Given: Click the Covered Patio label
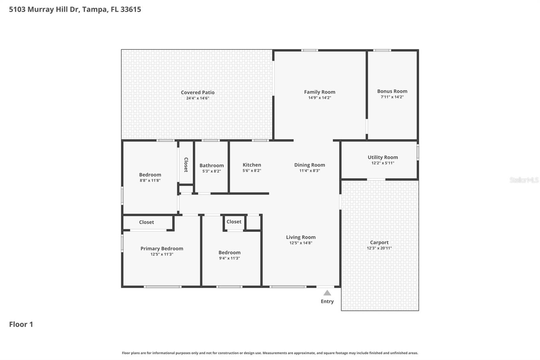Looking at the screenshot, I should pyautogui.click(x=197, y=92).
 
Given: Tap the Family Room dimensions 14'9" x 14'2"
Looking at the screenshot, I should pyautogui.click(x=319, y=98).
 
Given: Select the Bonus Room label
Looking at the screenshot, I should pyautogui.click(x=392, y=91).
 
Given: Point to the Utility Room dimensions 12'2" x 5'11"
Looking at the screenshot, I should pyautogui.click(x=382, y=163).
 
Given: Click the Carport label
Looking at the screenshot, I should pyautogui.click(x=379, y=242).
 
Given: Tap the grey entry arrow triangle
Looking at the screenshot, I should pyautogui.click(x=327, y=293).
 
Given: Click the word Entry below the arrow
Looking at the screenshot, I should pyautogui.click(x=327, y=301).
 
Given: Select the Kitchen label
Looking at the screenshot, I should pyautogui.click(x=251, y=165).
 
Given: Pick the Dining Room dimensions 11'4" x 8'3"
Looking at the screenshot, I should pyautogui.click(x=309, y=171).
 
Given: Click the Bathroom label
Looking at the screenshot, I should pyautogui.click(x=211, y=165).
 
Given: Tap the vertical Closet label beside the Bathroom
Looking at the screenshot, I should pyautogui.click(x=186, y=165).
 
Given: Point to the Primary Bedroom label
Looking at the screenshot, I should pyautogui.click(x=162, y=249).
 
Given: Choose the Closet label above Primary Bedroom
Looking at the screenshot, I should pyautogui.click(x=146, y=222).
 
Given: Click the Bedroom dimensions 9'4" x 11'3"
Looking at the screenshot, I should pyautogui.click(x=229, y=258).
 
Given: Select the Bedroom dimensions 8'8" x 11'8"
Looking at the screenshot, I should pyautogui.click(x=150, y=181).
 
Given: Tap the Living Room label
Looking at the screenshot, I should pyautogui.click(x=301, y=237).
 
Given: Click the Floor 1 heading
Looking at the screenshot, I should pyautogui.click(x=21, y=324).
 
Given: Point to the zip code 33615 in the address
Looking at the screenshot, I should pyautogui.click(x=131, y=9).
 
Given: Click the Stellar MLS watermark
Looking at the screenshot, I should pyautogui.click(x=524, y=180).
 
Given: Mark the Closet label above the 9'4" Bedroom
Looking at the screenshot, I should pyautogui.click(x=234, y=222).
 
